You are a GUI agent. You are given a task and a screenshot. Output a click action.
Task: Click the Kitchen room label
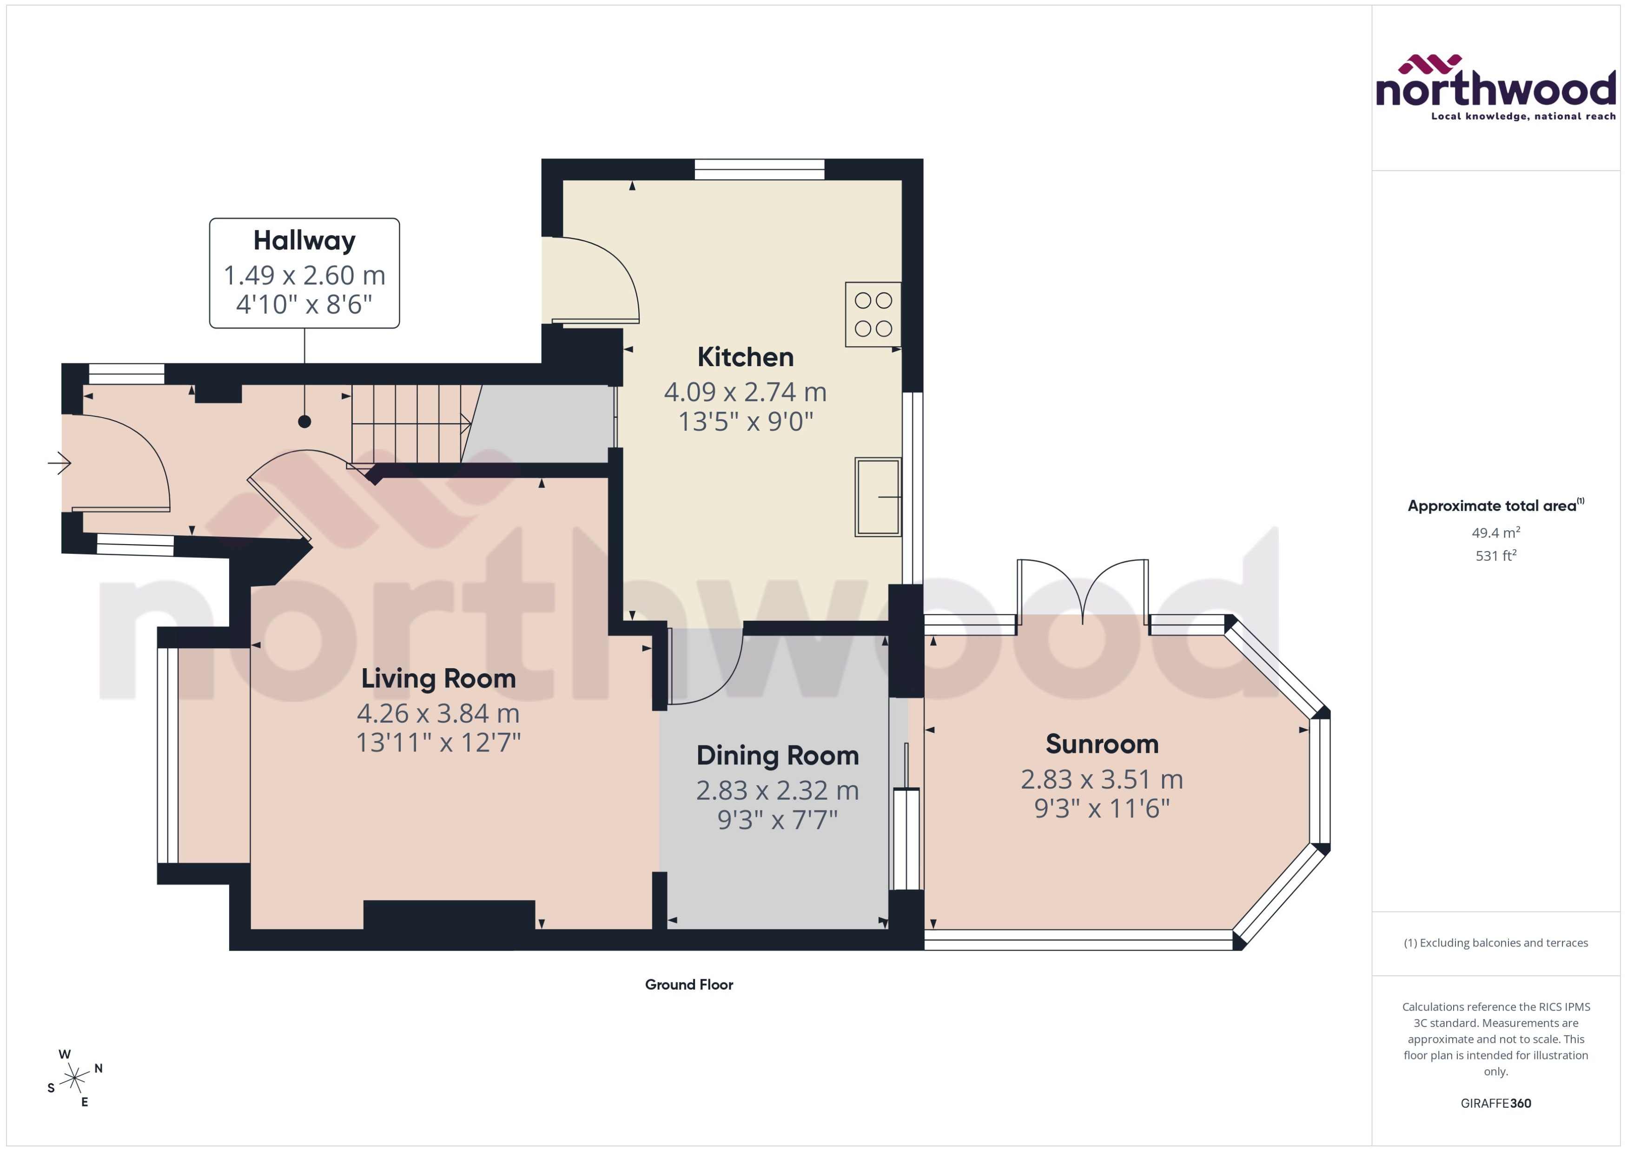pyautogui.click(x=745, y=357)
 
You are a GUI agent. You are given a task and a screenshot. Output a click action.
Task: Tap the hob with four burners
pyautogui.click(x=873, y=315)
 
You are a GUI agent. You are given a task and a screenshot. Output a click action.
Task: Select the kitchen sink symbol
pyautogui.click(x=878, y=497)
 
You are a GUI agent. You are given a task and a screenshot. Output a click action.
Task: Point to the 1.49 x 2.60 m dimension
pyautogui.click(x=304, y=275)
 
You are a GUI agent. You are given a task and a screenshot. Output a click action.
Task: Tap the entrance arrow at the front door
pyautogui.click(x=60, y=464)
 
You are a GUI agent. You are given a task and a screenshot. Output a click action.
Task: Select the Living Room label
pyautogui.click(x=438, y=678)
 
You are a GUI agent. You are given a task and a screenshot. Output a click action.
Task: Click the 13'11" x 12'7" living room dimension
pyautogui.click(x=438, y=743)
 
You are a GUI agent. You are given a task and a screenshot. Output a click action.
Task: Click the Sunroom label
pyautogui.click(x=1102, y=744)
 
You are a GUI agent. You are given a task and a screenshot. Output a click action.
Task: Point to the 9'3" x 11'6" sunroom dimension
pyautogui.click(x=1102, y=808)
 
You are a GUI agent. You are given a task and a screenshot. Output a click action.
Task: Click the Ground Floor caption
pyautogui.click(x=688, y=985)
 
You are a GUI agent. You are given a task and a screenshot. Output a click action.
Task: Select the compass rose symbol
pyautogui.click(x=74, y=1079)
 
